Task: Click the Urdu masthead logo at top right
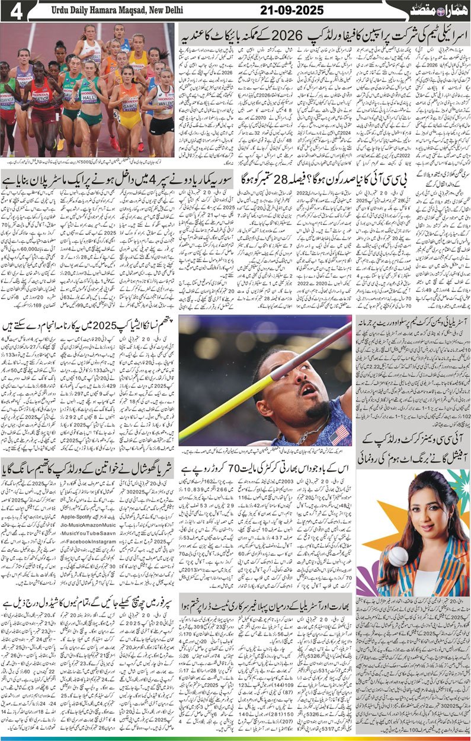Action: [x=438, y=11]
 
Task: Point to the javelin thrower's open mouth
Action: [x=307, y=390]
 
